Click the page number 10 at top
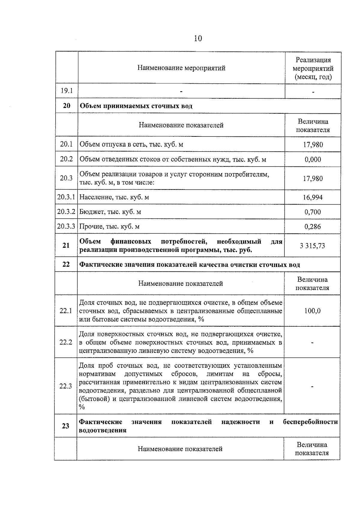198,38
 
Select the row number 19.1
67,91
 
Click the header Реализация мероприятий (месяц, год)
313,68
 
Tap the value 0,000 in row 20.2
313,159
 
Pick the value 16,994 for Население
313,197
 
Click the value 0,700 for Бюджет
313,212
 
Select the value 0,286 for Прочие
313,226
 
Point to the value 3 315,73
312,246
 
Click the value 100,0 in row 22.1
312,311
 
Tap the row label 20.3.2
66,212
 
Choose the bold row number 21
66,245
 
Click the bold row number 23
65,426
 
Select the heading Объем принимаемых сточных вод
136,106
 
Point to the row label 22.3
65,386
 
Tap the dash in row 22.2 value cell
312,343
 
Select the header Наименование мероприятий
181,68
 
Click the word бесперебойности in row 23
310,422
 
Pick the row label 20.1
66,144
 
